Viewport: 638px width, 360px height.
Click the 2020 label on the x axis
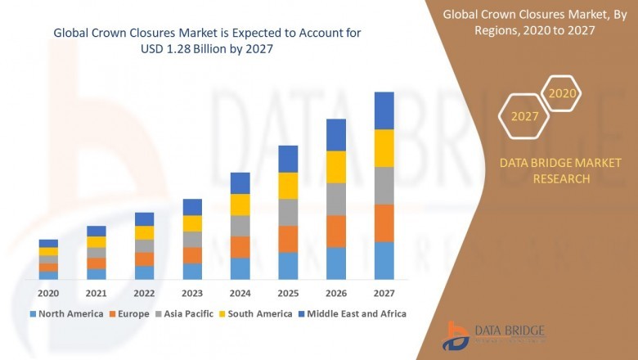point(48,293)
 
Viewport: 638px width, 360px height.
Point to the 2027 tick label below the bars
point(384,293)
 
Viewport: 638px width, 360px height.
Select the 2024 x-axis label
point(240,293)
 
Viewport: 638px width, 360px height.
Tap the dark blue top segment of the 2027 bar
point(384,110)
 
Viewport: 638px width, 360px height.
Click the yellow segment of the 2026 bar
point(336,167)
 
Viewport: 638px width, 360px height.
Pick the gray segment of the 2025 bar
point(288,212)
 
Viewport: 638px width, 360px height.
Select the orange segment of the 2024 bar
point(240,247)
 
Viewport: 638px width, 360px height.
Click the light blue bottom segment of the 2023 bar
point(192,271)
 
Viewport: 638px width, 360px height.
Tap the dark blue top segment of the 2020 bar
point(48,243)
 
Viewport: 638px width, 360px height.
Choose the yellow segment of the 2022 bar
point(144,232)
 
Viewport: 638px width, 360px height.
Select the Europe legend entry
point(132,313)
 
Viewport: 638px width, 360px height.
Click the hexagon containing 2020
point(562,94)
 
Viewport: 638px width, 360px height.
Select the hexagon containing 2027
point(524,116)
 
